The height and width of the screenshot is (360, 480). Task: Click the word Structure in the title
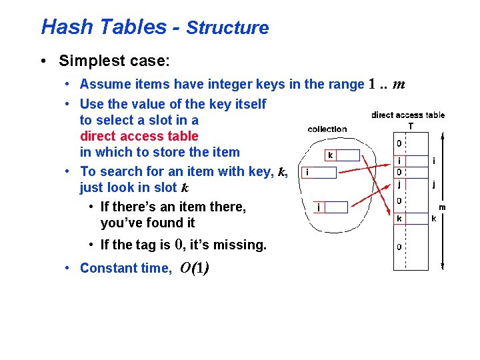tap(227, 28)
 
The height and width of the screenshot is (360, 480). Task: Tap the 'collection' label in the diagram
tap(327, 129)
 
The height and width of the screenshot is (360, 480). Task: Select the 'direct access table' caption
tap(408, 115)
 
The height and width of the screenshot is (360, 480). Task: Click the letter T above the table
tap(410, 125)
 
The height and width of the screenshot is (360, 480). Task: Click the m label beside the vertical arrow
tap(441, 207)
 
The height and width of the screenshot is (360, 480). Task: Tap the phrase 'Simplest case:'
tap(114, 61)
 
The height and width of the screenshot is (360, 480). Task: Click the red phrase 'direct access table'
tap(139, 136)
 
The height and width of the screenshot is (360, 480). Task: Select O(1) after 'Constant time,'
tap(195, 268)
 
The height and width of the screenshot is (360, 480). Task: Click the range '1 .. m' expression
tap(387, 85)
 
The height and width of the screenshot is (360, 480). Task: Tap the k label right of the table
tap(434, 218)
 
